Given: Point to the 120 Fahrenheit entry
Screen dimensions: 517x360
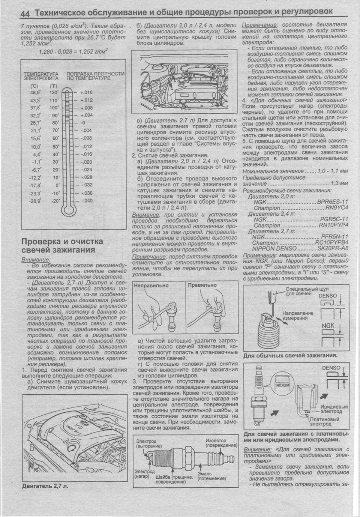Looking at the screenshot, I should (54, 92).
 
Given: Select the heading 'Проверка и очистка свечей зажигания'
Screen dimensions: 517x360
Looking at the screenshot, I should (62, 245).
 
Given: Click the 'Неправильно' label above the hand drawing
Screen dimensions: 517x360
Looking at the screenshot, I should (151, 285).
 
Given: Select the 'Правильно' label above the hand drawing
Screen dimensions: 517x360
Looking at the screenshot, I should (202, 285).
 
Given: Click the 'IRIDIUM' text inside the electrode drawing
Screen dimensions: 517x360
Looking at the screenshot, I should (282, 386).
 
